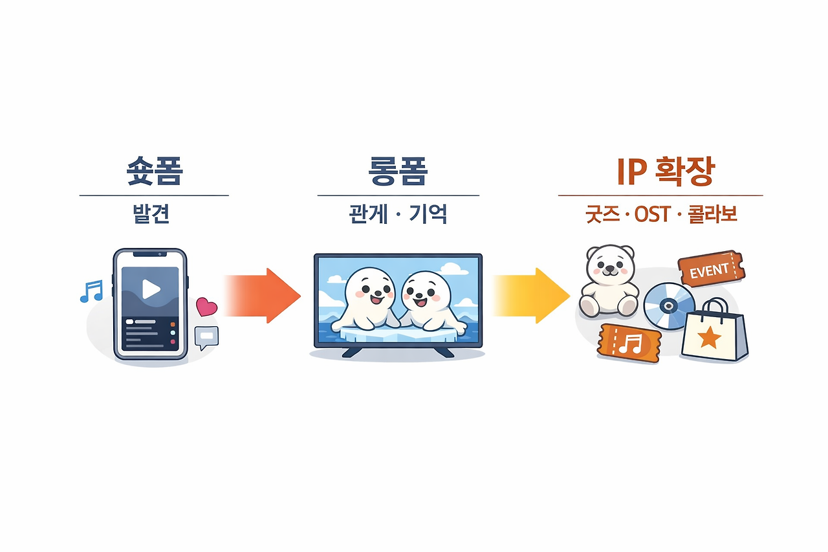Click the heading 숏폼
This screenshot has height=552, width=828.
tap(154, 170)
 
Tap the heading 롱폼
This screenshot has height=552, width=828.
tap(397, 170)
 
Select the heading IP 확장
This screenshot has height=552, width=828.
tap(660, 170)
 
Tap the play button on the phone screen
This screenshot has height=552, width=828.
tap(151, 289)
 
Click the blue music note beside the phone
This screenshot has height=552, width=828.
tap(91, 291)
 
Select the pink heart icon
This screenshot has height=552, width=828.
tap(206, 305)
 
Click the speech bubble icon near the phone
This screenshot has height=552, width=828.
tap(207, 337)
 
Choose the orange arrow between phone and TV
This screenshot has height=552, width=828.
tap(265, 295)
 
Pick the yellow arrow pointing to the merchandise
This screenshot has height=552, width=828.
tap(534, 295)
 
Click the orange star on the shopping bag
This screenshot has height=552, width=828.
tap(710, 336)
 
